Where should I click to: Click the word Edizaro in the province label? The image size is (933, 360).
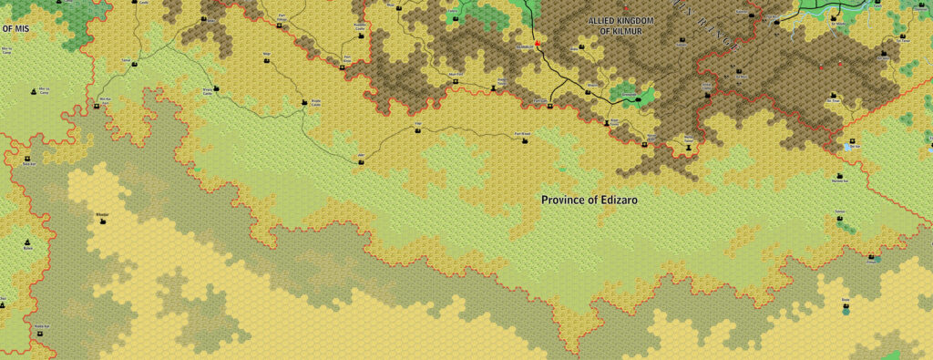coord(607,200)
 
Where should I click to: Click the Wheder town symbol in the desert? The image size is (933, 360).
coord(102,221)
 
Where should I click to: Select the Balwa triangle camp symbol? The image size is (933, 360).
coord(28,245)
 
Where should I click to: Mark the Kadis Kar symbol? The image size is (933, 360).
coord(41,333)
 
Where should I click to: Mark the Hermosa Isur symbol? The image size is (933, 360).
coord(838,175)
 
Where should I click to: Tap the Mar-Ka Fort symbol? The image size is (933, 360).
coord(97,106)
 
